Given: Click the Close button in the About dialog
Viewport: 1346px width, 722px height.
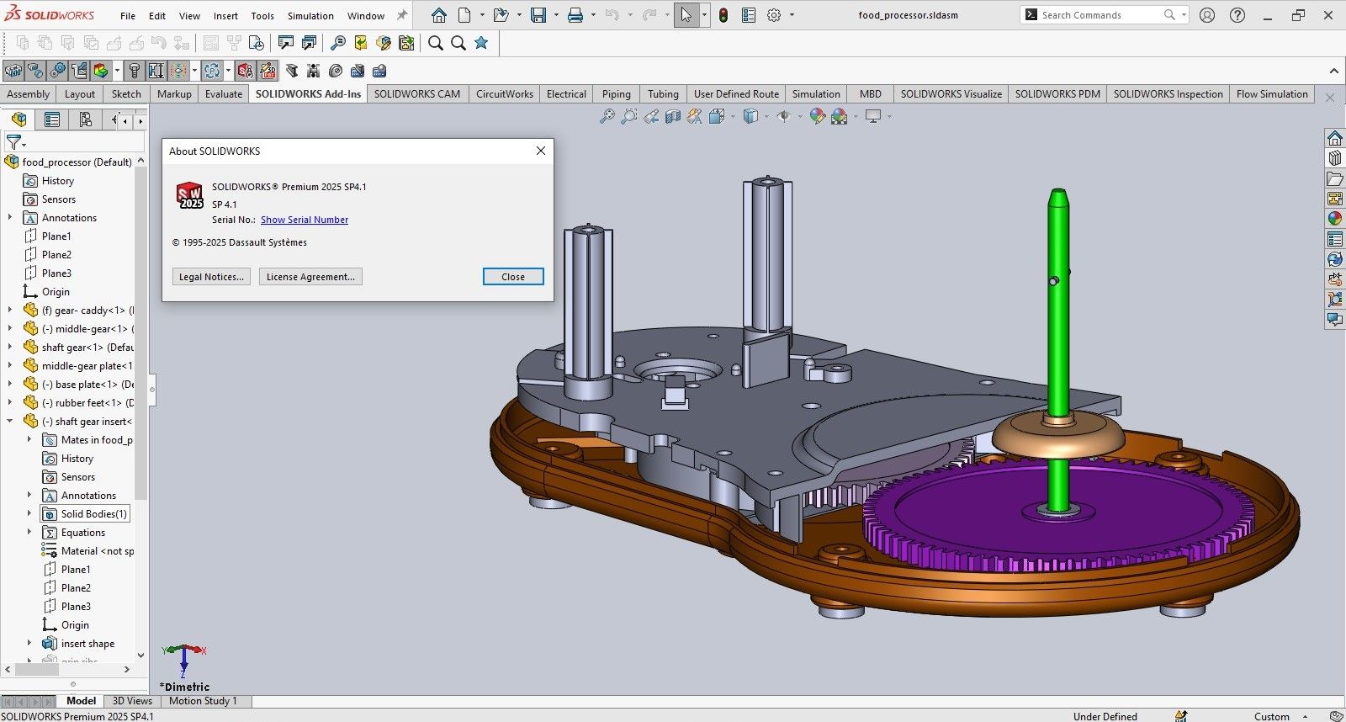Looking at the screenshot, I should click(x=512, y=277).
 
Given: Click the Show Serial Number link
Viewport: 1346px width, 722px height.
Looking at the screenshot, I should click(x=304, y=220).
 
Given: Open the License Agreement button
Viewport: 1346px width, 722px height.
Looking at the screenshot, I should click(x=310, y=277).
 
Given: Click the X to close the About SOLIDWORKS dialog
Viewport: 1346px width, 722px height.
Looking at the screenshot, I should click(x=541, y=151).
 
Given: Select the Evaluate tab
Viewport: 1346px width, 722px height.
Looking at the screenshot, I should click(x=223, y=94).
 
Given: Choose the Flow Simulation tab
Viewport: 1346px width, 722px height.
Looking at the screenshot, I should click(x=1271, y=94).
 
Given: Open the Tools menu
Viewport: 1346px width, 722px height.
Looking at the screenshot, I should click(x=262, y=15).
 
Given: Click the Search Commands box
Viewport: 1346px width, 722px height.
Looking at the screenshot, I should click(x=1094, y=15).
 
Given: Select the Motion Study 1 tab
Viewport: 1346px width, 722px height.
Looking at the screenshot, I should click(x=203, y=701).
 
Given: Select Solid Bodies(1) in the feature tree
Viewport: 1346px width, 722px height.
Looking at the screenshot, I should click(x=93, y=514).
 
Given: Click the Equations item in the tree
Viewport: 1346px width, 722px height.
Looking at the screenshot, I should click(x=82, y=533).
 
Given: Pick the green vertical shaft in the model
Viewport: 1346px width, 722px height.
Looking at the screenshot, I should click(x=1057, y=337).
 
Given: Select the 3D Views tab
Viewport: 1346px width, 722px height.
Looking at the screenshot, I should click(x=132, y=701).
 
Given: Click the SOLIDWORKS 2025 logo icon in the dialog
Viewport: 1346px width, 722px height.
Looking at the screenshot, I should click(x=189, y=195).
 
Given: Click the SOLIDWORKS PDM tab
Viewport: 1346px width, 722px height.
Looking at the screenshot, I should click(x=1057, y=94).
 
